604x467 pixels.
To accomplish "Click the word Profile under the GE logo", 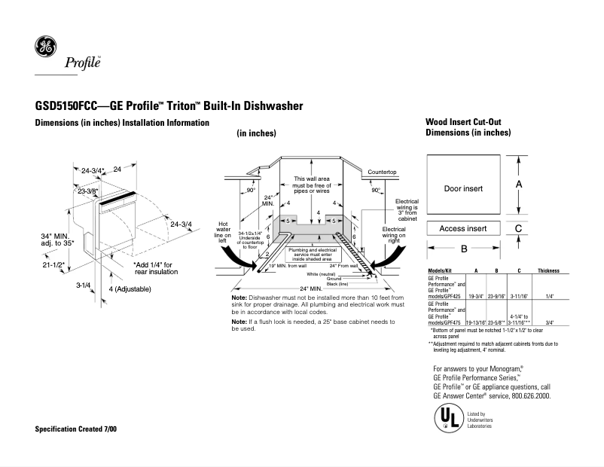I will (x=80, y=63).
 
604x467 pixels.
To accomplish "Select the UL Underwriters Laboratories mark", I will (x=447, y=418).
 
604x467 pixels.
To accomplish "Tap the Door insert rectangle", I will (x=463, y=188).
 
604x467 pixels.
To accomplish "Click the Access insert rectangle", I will (x=463, y=228).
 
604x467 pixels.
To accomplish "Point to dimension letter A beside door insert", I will (x=520, y=184).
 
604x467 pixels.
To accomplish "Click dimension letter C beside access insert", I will (x=520, y=228).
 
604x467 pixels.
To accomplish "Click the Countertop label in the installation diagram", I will (x=382, y=172).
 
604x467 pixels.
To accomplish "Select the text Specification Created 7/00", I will (x=76, y=429).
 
